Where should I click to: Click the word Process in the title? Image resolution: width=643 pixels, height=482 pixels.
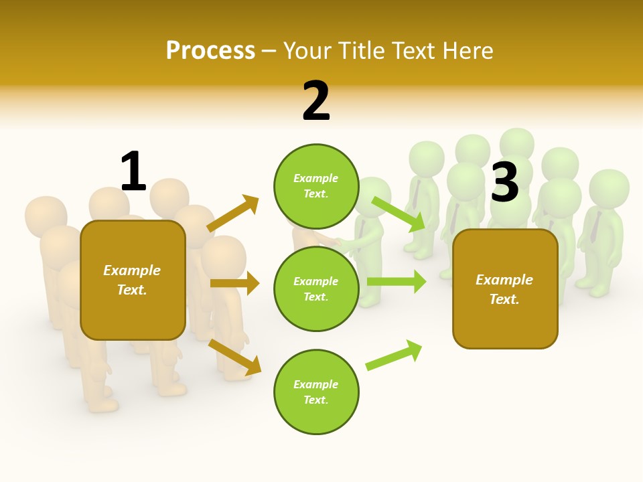click(x=210, y=50)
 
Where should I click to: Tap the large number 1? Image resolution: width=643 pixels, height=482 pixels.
click(x=133, y=172)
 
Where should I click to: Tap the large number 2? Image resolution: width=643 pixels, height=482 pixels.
click(x=316, y=101)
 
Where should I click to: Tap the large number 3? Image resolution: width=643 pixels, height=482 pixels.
click(x=505, y=182)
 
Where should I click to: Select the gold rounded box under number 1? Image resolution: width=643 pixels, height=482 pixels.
click(x=133, y=280)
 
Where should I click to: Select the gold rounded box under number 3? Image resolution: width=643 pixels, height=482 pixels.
click(x=505, y=289)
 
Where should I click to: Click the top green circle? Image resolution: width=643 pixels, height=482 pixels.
click(x=316, y=186)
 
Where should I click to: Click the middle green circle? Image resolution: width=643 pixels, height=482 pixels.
click(x=316, y=289)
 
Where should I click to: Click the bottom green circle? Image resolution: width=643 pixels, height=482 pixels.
click(x=316, y=392)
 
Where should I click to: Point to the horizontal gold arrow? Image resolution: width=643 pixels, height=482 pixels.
click(x=234, y=283)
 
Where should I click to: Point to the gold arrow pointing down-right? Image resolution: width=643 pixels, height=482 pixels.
click(x=235, y=357)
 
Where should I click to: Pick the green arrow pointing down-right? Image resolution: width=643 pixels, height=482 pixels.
click(x=399, y=214)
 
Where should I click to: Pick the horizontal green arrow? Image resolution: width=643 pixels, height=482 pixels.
click(x=397, y=281)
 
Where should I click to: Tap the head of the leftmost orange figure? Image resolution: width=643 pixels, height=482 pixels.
click(x=46, y=216)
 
